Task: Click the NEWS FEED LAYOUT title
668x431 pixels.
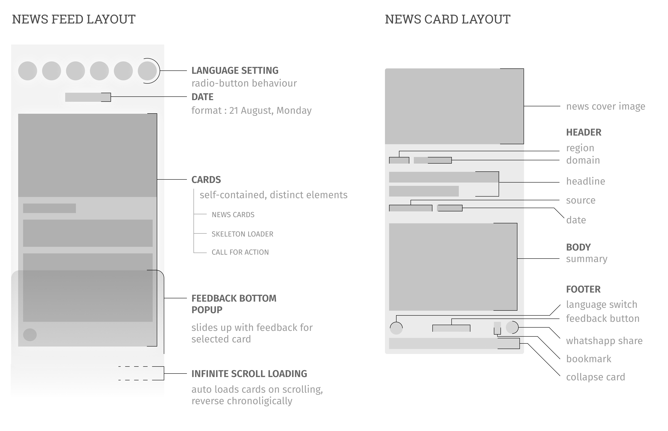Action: pos(74,20)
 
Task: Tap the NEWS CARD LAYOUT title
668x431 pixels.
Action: pos(447,20)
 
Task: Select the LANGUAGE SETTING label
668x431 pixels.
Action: pos(235,70)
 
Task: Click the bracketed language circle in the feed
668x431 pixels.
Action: pos(147,71)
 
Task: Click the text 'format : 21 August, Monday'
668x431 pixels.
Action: pos(251,111)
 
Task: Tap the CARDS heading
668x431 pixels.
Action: pos(206,180)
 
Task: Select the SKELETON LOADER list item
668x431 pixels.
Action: pos(242,234)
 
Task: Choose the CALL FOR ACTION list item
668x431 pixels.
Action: pos(240,252)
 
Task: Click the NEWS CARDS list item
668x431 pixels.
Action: pos(233,215)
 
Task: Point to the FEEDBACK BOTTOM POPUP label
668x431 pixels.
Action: pos(234,304)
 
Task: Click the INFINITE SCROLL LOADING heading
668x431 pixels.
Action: pos(249,374)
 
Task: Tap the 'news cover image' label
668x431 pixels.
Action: pos(605,106)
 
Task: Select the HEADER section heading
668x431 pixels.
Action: pos(584,132)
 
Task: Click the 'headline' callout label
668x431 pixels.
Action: pos(585,181)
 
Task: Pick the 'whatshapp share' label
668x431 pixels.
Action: pos(604,341)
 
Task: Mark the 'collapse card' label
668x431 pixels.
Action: pos(595,377)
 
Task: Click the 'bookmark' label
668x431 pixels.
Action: pos(588,359)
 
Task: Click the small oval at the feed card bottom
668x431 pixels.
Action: pos(30,335)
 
